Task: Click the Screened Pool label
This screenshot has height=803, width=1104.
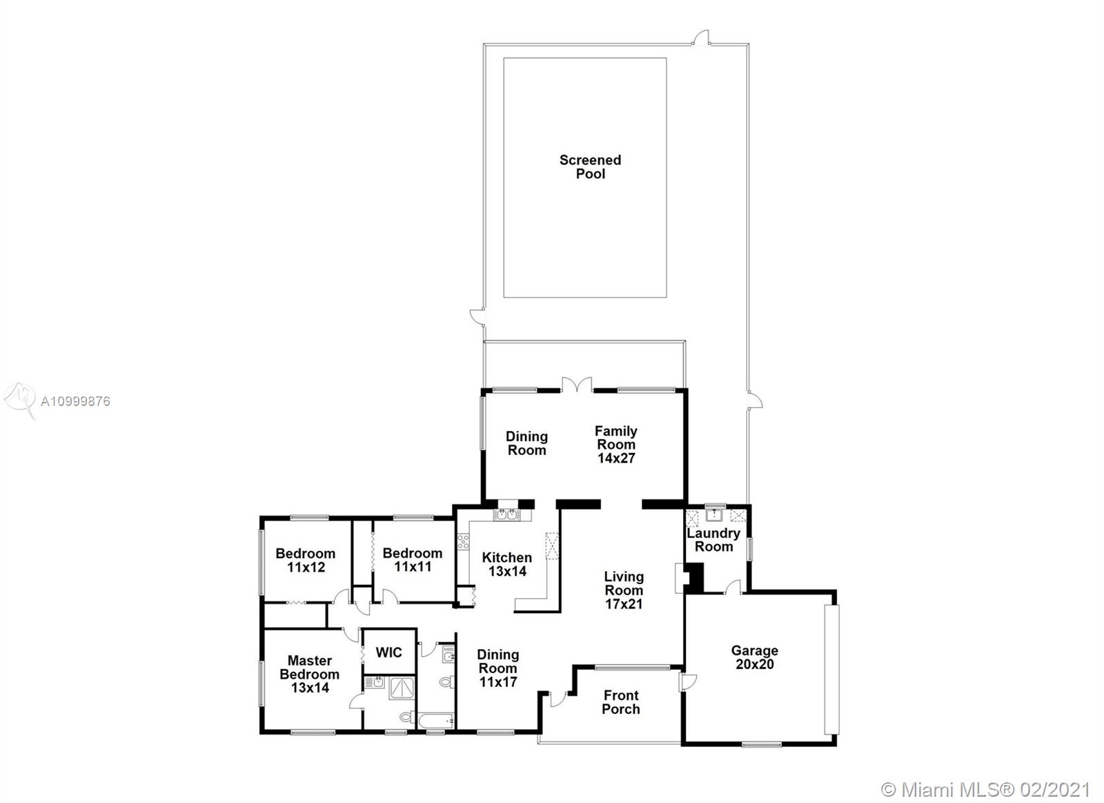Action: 590,166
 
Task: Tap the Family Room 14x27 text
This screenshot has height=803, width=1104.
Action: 616,445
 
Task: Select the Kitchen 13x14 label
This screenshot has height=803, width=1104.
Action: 507,564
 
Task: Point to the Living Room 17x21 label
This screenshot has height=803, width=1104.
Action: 624,590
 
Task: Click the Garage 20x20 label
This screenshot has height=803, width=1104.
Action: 755,657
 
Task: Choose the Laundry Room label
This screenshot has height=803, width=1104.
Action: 713,540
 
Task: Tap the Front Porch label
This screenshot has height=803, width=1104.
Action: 621,702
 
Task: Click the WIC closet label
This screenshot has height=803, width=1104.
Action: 389,652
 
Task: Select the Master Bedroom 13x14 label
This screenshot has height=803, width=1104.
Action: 310,674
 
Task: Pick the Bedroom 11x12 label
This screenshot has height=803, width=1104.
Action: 306,560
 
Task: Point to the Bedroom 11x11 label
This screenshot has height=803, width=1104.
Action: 413,560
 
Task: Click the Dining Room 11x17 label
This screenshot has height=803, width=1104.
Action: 497,668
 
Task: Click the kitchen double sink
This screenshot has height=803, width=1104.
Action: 507,514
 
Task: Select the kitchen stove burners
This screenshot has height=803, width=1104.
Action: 463,541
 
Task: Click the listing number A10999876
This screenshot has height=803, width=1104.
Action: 75,402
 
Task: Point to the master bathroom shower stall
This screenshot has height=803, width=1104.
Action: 402,688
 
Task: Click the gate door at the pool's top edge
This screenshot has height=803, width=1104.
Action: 701,38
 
